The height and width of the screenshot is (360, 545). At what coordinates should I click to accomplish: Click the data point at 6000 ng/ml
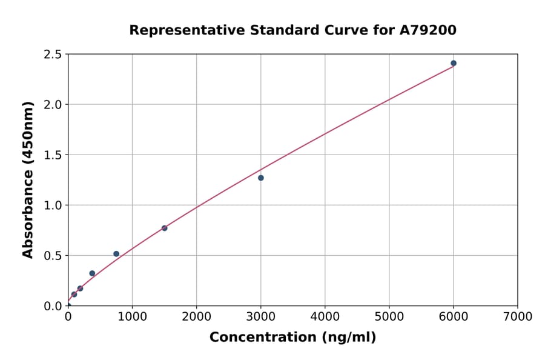point(454,63)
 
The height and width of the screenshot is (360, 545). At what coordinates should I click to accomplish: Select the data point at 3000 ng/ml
point(261,178)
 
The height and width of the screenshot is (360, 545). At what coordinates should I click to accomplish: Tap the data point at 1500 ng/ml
point(165,228)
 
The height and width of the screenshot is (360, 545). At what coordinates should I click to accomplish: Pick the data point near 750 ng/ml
point(116,254)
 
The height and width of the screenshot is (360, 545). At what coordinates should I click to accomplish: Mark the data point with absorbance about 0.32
point(92,273)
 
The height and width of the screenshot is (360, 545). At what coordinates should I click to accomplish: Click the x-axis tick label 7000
point(517,316)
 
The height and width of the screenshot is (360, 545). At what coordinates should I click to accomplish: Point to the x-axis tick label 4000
point(325,316)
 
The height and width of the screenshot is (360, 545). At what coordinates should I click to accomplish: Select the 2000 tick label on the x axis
point(196,316)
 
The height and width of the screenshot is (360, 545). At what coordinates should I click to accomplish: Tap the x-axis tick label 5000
point(389,316)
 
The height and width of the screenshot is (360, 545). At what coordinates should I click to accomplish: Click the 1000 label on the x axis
point(132,316)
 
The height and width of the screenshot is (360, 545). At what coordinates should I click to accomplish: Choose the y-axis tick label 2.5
point(53,55)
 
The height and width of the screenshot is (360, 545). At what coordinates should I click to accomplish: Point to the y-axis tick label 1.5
point(53,155)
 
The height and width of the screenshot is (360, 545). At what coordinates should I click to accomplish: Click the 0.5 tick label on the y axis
point(53,256)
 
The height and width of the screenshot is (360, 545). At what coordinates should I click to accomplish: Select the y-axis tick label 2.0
point(53,105)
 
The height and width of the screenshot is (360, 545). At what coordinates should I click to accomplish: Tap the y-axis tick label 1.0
point(53,205)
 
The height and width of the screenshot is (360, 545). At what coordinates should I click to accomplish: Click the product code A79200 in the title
point(429,30)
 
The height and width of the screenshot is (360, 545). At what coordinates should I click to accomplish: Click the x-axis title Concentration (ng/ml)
point(292,338)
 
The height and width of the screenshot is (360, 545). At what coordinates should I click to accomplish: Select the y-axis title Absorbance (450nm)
point(28,179)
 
